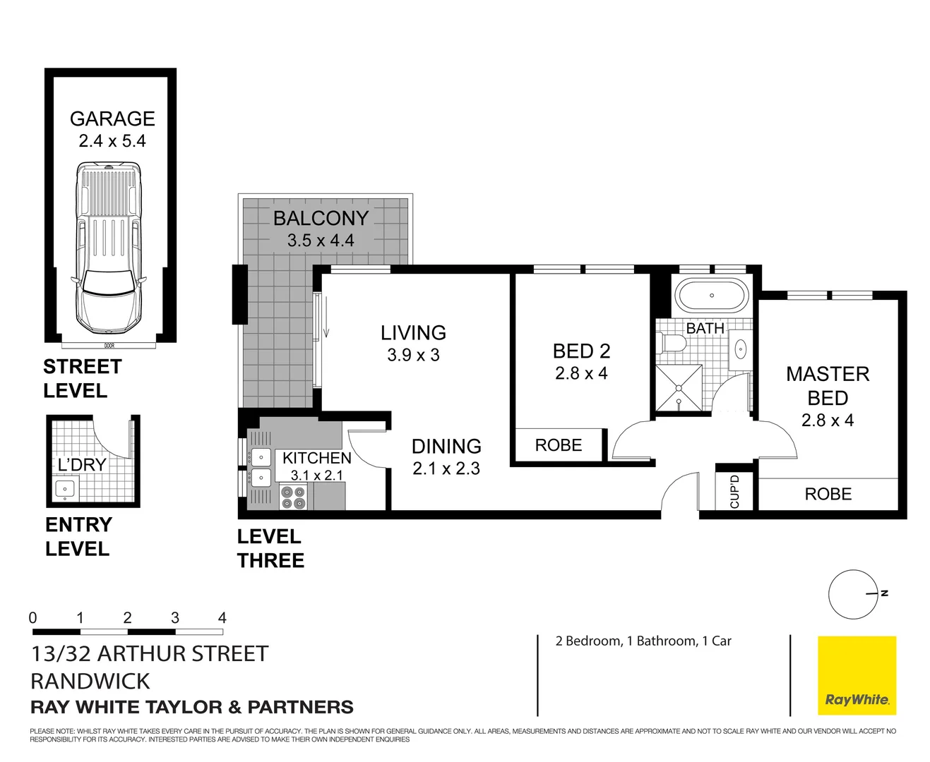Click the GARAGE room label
[112, 119]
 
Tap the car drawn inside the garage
[108, 247]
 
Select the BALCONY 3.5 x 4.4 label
[321, 229]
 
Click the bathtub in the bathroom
[711, 296]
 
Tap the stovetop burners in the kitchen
[293, 497]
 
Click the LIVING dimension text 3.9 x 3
[413, 355]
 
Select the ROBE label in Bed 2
[558, 445]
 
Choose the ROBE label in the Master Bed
[828, 494]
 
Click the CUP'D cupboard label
[734, 491]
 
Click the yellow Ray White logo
[857, 675]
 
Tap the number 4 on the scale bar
[222, 618]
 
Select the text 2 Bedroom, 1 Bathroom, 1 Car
[643, 641]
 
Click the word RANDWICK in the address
[90, 681]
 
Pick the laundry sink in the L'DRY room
[66, 489]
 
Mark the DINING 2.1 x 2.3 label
[446, 456]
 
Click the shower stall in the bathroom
[679, 387]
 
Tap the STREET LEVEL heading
[82, 378]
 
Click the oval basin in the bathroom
[741, 349]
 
